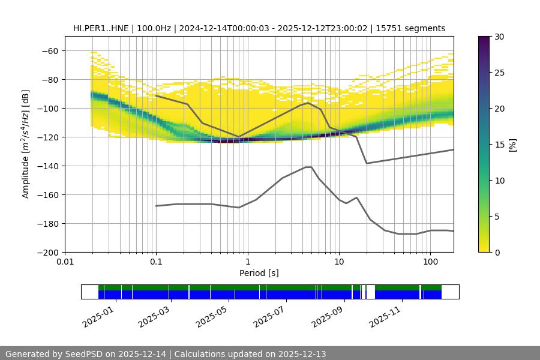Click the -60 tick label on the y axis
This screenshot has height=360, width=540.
[x=49, y=50]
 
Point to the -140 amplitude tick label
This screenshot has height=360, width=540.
[x=47, y=166]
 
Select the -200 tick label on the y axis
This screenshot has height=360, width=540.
[x=47, y=252]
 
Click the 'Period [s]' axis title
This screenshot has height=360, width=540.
[x=259, y=273]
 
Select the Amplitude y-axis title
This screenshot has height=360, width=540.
[x=26, y=144]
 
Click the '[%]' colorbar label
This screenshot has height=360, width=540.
[x=512, y=145]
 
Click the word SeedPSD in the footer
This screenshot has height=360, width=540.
[x=86, y=354]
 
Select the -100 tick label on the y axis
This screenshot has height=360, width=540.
[x=47, y=108]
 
